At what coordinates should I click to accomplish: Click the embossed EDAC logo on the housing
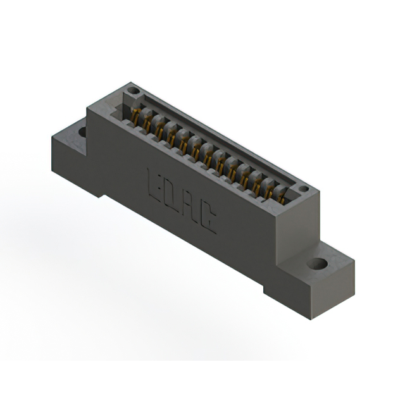[182, 200]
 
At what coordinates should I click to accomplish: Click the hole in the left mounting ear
[82, 132]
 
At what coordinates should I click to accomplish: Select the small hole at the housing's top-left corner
[133, 92]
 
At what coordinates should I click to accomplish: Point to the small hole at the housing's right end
[303, 189]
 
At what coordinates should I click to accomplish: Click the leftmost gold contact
[135, 115]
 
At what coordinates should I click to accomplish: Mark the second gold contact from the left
[147, 122]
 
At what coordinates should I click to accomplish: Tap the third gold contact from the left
[160, 129]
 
